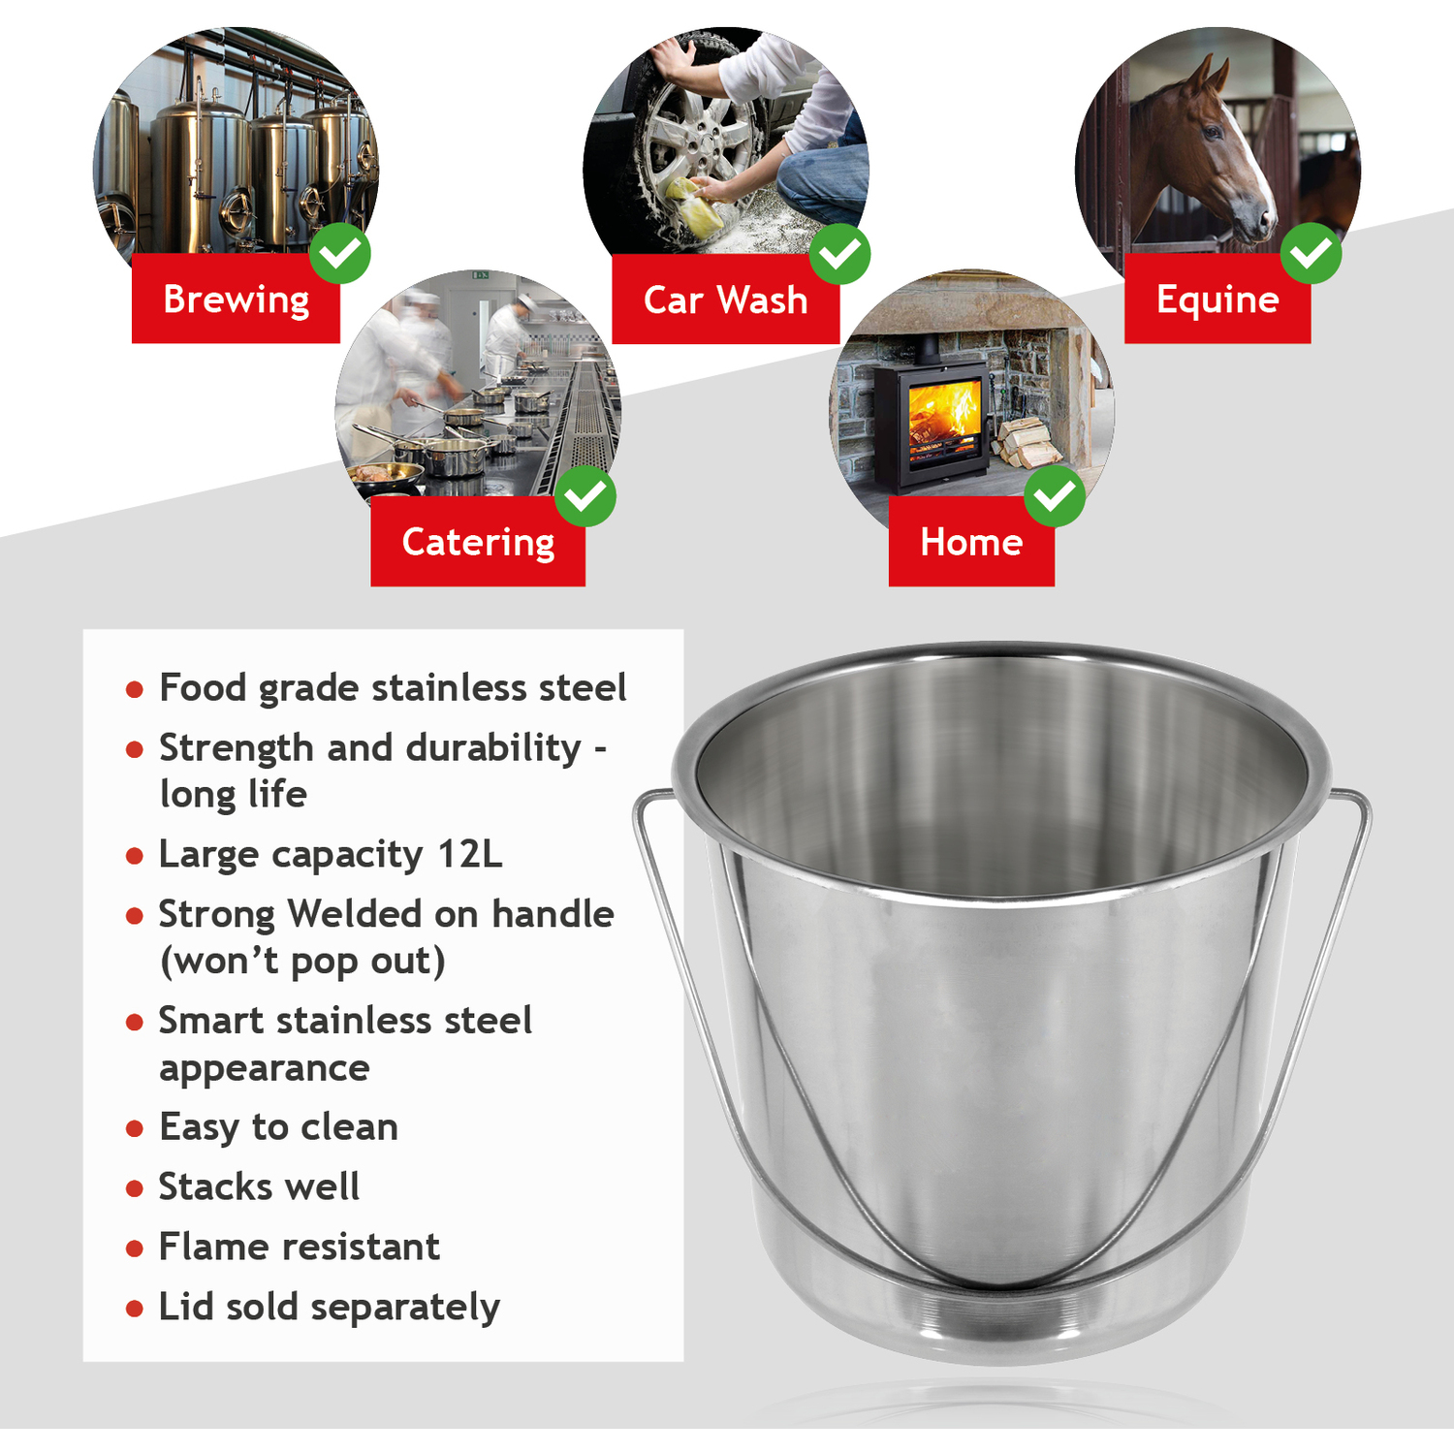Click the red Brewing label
[x=236, y=299]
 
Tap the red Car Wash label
[x=725, y=300]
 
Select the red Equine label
[x=1217, y=299]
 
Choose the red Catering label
[x=478, y=541]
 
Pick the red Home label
[x=971, y=541]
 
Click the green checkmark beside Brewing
[x=340, y=253]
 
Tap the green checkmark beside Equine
[x=1312, y=253]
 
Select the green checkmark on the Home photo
[x=1055, y=496]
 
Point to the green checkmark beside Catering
[x=585, y=496]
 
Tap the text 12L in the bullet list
[x=470, y=854]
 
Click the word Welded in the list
[x=355, y=913]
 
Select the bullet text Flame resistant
[x=300, y=1247]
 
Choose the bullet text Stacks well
[x=259, y=1186]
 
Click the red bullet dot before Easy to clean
[x=135, y=1129]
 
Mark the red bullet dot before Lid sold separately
[x=135, y=1310]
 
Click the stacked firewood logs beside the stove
[x=1025, y=441]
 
